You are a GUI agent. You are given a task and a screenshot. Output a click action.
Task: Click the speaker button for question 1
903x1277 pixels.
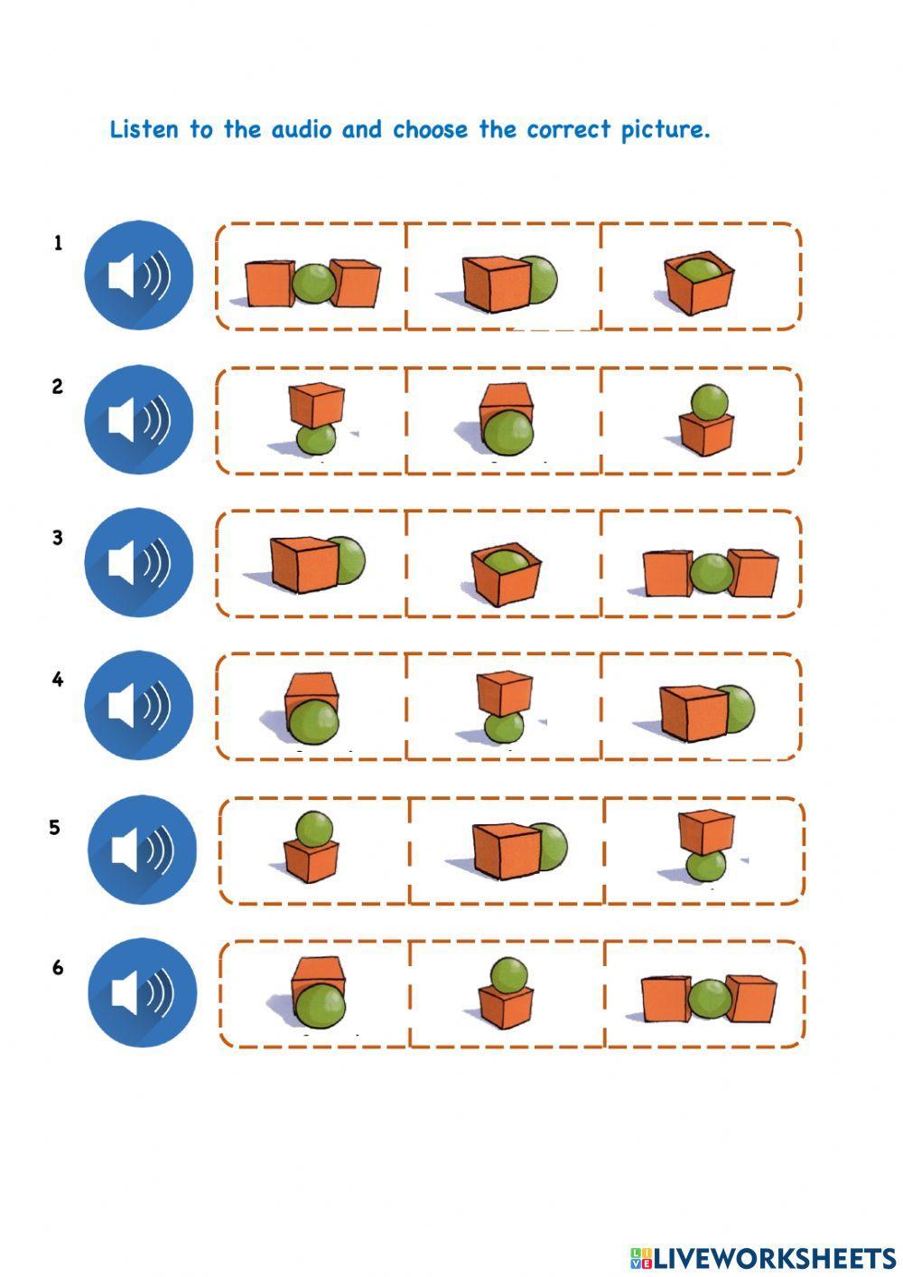139,275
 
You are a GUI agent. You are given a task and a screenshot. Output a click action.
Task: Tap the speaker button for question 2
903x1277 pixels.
139,419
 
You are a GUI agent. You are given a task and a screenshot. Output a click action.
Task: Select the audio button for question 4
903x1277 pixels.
139,705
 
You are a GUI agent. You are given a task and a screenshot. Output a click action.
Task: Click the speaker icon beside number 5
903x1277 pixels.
142,850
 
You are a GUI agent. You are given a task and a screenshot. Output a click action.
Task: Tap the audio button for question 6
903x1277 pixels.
142,992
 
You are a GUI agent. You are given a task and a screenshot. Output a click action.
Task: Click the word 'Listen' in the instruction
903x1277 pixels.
144,129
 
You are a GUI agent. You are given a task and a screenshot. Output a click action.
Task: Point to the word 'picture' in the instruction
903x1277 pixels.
666,129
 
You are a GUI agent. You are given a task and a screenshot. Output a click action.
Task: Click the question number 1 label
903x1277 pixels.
59,242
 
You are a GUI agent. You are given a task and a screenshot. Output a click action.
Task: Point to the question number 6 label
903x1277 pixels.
58,968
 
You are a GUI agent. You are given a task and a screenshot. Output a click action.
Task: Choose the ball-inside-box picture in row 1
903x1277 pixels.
698,281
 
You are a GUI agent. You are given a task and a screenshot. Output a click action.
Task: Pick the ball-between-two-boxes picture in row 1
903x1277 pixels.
312,282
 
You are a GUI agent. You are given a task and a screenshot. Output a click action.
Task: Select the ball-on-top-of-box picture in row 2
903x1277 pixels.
707,420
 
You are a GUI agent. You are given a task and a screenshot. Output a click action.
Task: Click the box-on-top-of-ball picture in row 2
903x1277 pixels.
316,418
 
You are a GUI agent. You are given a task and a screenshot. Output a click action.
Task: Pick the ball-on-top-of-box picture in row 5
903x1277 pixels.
312,847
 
